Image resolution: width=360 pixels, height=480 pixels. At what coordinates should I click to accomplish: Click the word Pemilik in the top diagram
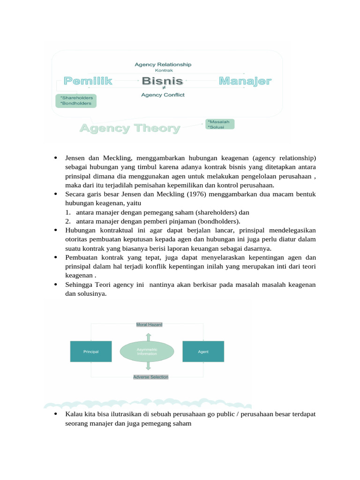pos(88,81)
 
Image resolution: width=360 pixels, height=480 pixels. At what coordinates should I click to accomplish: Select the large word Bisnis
pos(162,81)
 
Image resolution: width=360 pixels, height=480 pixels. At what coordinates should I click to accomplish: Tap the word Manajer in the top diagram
pos(245,81)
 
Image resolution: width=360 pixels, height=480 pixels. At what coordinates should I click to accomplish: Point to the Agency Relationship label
pos(163,64)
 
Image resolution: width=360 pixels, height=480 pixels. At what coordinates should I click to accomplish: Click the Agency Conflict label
pos(163,95)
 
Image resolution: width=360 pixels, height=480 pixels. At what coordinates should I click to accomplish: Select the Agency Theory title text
pos(130,128)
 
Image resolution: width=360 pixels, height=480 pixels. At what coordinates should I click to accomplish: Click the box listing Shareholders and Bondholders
pos(76,100)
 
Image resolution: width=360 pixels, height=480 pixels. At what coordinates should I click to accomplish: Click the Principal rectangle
pos(91,352)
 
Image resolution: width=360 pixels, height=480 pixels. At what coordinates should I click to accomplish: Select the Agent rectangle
pos(203,352)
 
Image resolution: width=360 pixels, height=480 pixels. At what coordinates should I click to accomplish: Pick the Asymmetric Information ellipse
pos(147,352)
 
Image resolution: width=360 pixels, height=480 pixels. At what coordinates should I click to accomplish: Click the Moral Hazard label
pos(149,324)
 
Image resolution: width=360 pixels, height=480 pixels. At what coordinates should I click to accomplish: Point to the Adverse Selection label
pos(150,377)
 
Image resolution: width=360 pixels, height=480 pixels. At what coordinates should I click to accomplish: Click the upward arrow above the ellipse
pos(148,336)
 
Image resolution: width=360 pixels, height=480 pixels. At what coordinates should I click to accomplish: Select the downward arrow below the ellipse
pos(148,366)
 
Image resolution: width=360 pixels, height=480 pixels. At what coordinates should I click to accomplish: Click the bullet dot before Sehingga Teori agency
pos(56,285)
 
